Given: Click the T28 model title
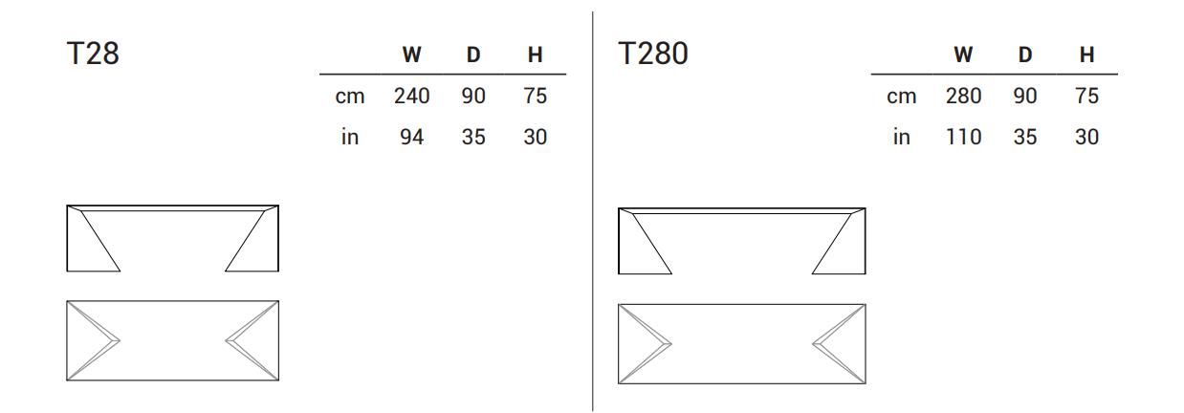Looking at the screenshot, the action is coord(93,54).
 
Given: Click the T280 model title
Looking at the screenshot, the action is coord(653,54).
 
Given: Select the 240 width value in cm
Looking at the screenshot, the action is coord(412,97).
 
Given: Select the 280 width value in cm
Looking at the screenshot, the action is coord(963,97).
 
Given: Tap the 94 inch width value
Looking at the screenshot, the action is coord(412,137).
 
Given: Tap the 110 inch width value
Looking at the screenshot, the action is coord(963,137).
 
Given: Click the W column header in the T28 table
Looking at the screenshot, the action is coord(412,54).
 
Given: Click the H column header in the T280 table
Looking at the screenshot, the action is coord(1086,54).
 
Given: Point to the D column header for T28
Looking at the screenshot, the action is coord(473,54).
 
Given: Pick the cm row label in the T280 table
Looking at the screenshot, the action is coord(901,97).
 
